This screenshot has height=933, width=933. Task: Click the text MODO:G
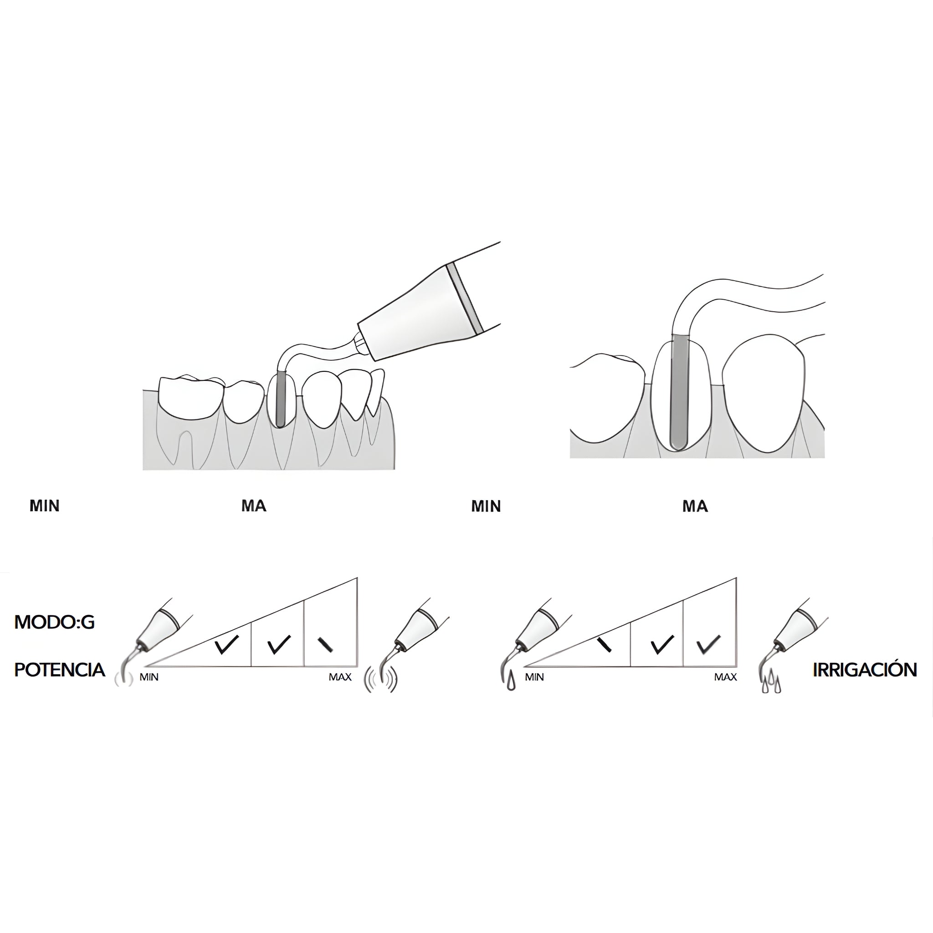[55, 622]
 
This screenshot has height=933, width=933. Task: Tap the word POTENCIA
[60, 670]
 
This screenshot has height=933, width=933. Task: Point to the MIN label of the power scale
[149, 677]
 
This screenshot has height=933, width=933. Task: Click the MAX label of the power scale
[340, 677]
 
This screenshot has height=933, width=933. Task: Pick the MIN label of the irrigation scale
[534, 677]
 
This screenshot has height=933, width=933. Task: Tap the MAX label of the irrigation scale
[725, 677]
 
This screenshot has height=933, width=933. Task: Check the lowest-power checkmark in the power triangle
[226, 645]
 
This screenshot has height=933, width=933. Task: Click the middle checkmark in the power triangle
[279, 645]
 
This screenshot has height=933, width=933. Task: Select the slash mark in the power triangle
[325, 645]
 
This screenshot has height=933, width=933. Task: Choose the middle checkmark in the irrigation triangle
[661, 645]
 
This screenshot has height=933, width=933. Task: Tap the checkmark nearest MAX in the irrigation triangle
[708, 645]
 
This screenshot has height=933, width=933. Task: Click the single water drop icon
[512, 683]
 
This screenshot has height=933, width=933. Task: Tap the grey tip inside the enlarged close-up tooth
[679, 391]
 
